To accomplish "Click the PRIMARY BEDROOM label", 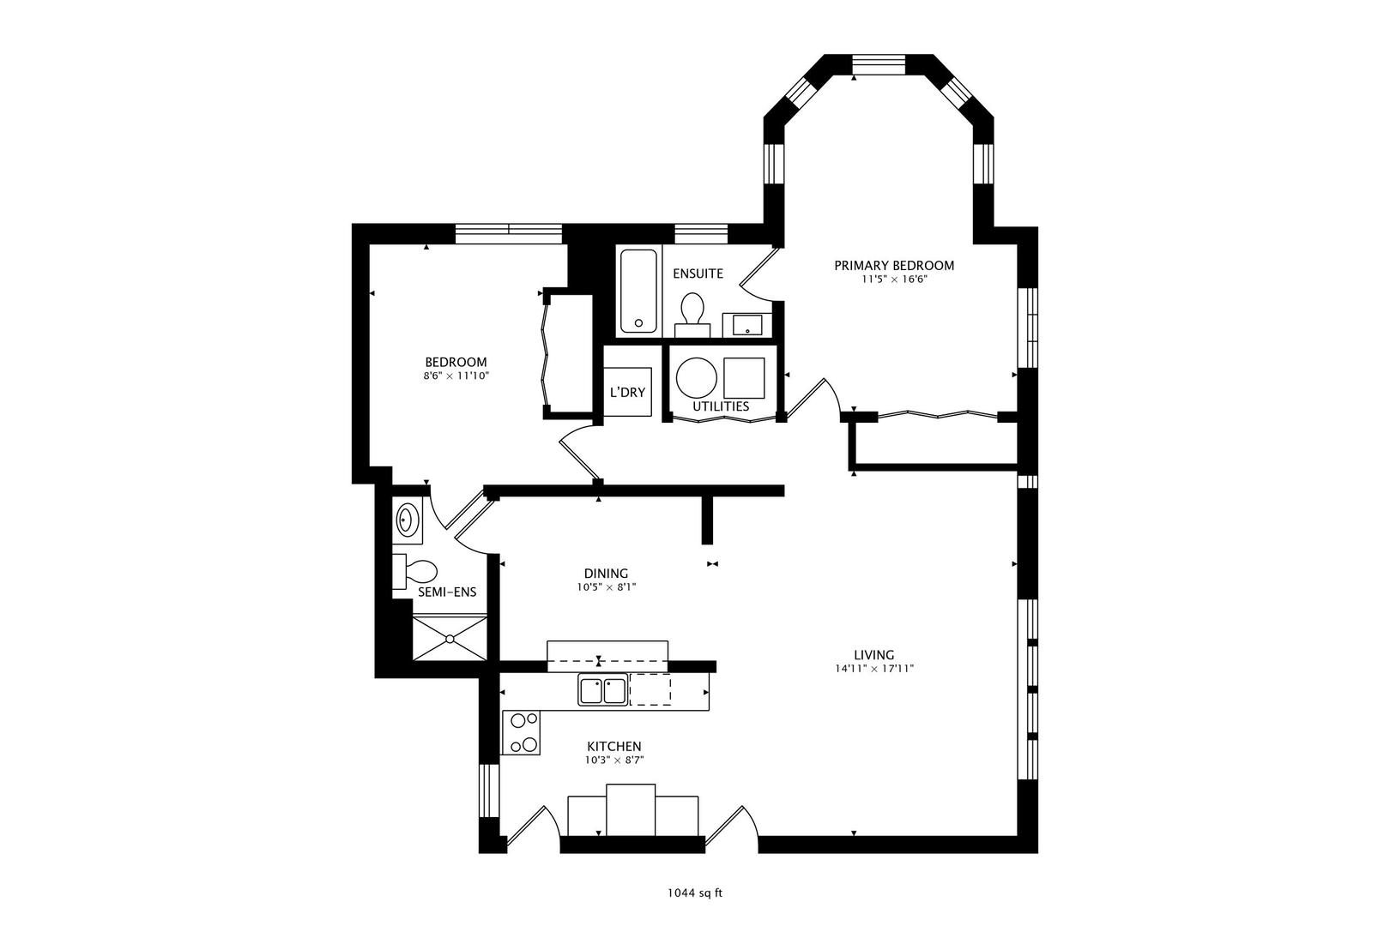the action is pyautogui.click(x=893, y=266).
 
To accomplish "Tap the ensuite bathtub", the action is pyautogui.click(x=638, y=291).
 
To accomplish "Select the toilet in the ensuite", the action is pyautogui.click(x=692, y=315).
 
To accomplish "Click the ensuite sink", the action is pyautogui.click(x=747, y=324).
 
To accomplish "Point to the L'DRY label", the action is pyautogui.click(x=627, y=393).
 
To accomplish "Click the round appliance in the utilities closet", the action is pyautogui.click(x=696, y=378).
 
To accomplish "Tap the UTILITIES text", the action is pyautogui.click(x=721, y=407).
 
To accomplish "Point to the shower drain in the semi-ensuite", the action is pyautogui.click(x=450, y=638).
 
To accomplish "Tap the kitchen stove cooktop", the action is pyautogui.click(x=522, y=732).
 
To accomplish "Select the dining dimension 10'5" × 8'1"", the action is pyautogui.click(x=607, y=587).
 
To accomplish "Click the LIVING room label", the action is pyautogui.click(x=873, y=655).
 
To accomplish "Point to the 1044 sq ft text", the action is pyautogui.click(x=695, y=893).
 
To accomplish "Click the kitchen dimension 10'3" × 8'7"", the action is pyautogui.click(x=614, y=761).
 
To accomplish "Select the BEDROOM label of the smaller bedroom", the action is pyautogui.click(x=456, y=362).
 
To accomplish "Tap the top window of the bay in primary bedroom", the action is pyautogui.click(x=879, y=64).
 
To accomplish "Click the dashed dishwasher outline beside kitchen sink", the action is pyautogui.click(x=650, y=689).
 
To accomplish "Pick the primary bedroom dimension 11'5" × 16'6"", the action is pyautogui.click(x=893, y=280).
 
